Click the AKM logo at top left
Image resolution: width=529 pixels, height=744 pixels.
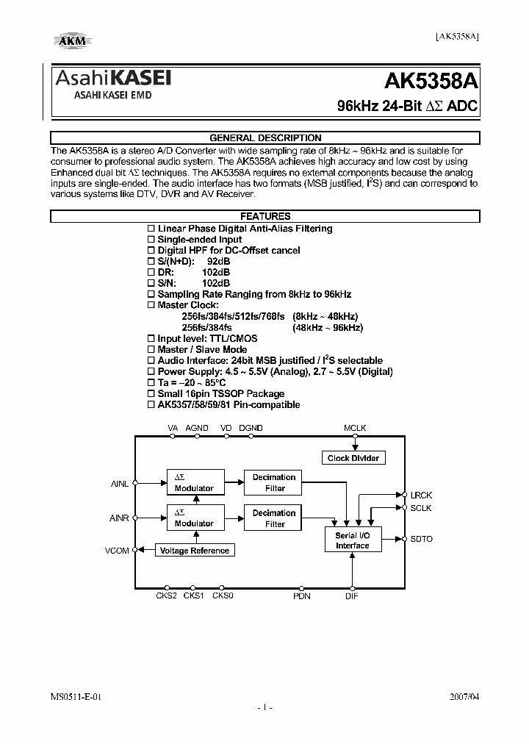71,40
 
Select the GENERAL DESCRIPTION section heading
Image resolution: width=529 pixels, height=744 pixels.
265,137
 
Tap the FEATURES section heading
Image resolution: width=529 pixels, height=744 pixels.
265,216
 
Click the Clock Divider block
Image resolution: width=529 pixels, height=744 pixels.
354,458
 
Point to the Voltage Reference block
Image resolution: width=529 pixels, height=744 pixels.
194,551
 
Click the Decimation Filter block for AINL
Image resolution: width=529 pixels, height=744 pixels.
274,482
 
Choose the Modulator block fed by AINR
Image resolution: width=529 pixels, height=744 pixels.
194,518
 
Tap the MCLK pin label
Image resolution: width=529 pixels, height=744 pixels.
355,428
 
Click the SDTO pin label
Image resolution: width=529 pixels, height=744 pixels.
422,539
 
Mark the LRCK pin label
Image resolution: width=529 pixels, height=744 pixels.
421,495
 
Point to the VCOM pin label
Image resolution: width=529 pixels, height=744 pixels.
118,550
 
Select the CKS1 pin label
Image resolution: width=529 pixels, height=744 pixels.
193,595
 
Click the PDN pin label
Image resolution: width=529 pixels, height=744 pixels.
302,595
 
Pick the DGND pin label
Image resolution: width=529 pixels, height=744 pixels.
251,428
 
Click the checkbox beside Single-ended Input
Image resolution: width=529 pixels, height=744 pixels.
151,240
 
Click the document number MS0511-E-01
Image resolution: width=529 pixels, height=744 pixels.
76,695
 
